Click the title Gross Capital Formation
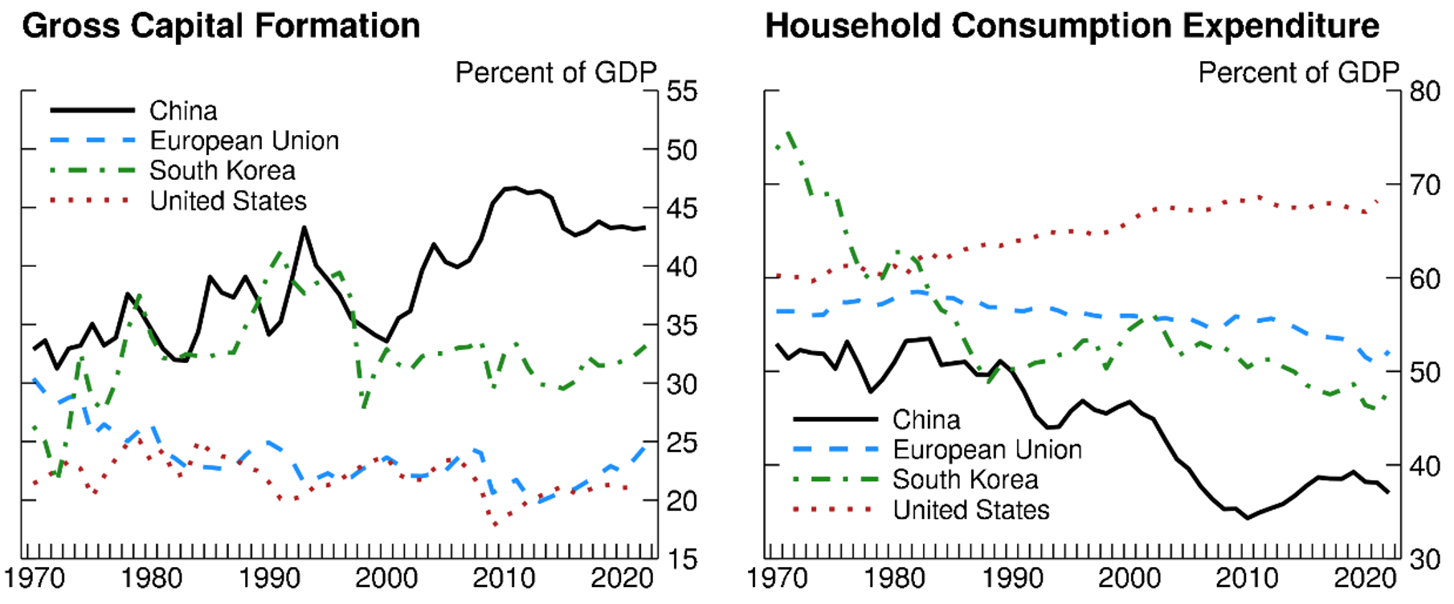pos(221,26)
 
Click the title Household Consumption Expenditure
pos(1072,26)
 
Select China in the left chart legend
pos(183,110)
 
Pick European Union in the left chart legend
pos(244,141)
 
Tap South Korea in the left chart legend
pos(223,170)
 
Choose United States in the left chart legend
pos(228,201)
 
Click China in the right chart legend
pos(926,419)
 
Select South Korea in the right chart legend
pos(966,480)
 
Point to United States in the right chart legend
pos(971,510)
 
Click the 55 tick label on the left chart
pos(682,92)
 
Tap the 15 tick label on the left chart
pos(682,560)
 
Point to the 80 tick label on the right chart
pos(1424,92)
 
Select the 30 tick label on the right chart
pos(1424,560)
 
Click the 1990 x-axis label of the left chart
pos(270,578)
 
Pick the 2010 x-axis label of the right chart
pos(1248,578)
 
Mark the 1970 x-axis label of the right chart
pos(778,578)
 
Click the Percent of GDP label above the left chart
pos(556,72)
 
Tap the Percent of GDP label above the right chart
pos(1299,72)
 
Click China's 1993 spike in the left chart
pos(304,227)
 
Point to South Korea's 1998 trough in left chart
pos(364,407)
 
